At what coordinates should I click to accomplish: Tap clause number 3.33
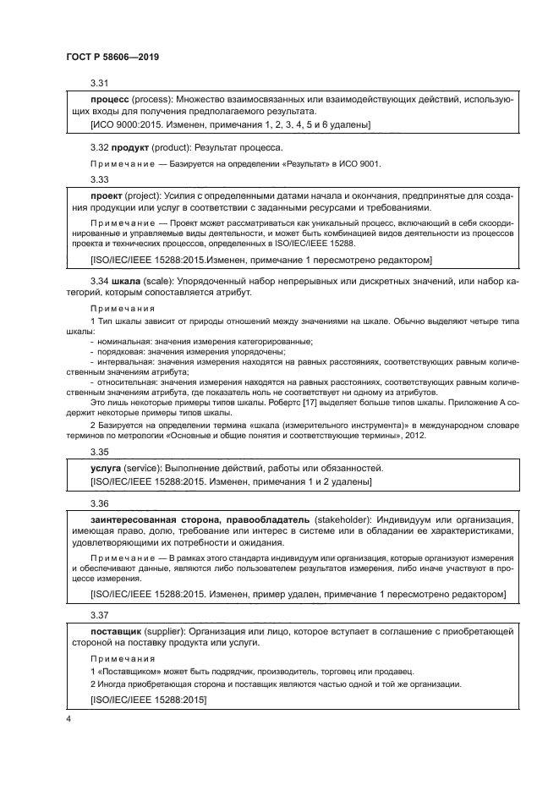100,179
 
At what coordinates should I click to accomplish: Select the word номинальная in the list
119,341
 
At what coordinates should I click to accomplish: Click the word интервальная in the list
121,361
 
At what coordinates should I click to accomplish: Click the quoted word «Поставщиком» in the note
124,671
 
